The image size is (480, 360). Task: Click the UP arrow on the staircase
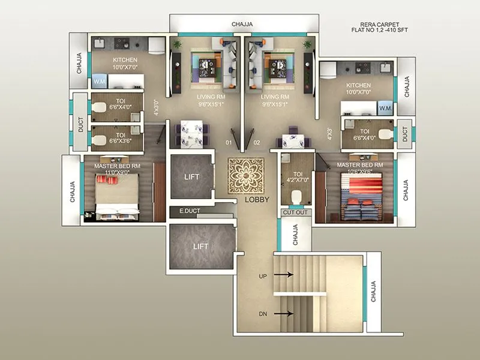tap(283, 275)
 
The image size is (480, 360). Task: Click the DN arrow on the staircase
tap(283, 313)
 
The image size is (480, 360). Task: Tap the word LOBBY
tap(257, 200)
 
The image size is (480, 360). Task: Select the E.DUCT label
tap(190, 211)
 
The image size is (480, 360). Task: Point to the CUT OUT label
tap(295, 212)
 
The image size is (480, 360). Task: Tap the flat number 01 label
tap(229, 143)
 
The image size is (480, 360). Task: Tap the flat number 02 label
tap(256, 143)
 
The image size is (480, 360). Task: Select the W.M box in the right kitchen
tap(385, 108)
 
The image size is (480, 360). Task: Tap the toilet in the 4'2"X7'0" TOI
tap(295, 197)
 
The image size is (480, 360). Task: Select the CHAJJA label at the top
tap(242, 24)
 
